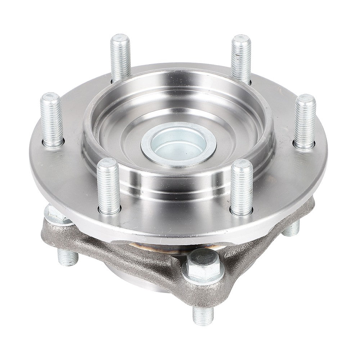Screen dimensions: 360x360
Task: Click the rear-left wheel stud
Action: pos(121,58)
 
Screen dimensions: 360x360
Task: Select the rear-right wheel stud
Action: pos(240,58)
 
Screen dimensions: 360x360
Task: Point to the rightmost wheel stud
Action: pos(305,121)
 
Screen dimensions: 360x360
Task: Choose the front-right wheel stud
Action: pos(242,187)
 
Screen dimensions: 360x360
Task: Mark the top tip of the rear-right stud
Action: pos(240,38)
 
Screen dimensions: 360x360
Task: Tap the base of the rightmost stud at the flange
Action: pos(305,144)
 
